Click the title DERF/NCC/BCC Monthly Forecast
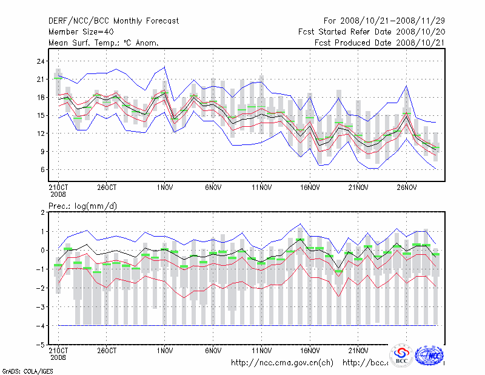click(113, 21)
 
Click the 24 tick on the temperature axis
click(41, 61)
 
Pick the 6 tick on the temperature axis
click(43, 169)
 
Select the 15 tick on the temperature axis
click(41, 115)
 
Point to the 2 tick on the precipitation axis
click(43, 212)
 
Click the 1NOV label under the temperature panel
click(164, 187)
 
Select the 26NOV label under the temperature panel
click(406, 187)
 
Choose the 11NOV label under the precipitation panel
click(261, 351)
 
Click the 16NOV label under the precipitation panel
click(310, 351)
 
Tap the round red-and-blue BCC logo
click(401, 356)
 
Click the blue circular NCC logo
click(431, 356)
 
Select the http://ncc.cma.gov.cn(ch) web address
click(283, 363)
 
